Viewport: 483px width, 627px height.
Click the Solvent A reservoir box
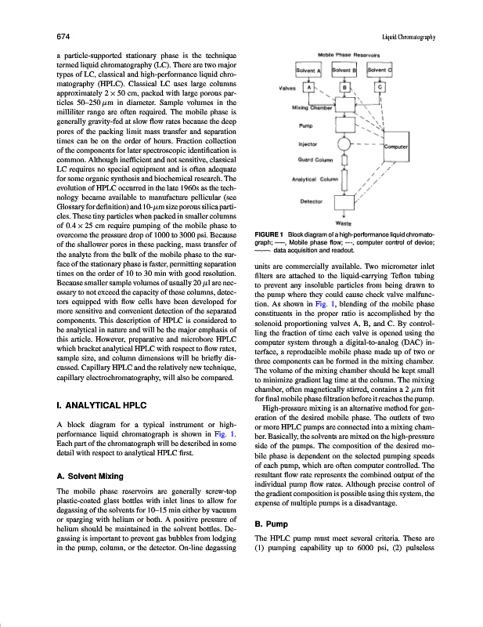[309, 70]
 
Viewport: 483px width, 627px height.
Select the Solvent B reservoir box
[344, 70]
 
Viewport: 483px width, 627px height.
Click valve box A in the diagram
[309, 88]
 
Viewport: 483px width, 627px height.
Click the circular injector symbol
[344, 145]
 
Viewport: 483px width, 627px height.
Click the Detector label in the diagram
[312, 201]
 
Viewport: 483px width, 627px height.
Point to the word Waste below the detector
[343, 223]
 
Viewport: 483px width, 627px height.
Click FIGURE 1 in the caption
[270, 236]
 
